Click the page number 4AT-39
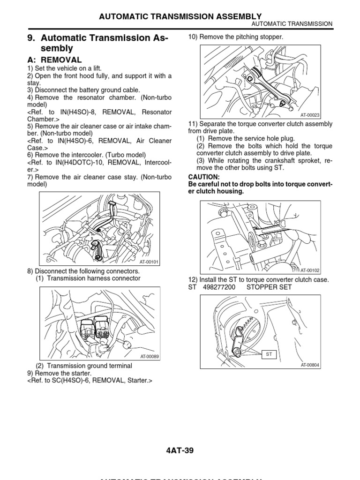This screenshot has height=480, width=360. click(x=180, y=451)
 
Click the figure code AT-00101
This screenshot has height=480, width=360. click(x=149, y=262)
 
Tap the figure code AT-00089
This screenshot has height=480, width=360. click(x=149, y=357)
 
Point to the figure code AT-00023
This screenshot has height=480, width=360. click(x=310, y=114)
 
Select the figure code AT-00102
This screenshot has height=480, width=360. click(x=310, y=270)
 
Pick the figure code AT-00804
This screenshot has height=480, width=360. click(x=310, y=365)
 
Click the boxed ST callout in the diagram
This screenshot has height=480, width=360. click(x=269, y=355)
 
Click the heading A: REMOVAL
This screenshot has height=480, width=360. click(x=54, y=60)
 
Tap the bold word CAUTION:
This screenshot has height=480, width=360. click(x=204, y=177)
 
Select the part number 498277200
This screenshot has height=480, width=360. click(x=220, y=287)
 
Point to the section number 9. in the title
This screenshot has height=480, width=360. click(x=32, y=37)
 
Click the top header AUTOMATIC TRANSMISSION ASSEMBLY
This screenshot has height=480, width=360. click(x=180, y=16)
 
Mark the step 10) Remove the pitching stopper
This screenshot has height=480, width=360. click(x=236, y=37)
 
